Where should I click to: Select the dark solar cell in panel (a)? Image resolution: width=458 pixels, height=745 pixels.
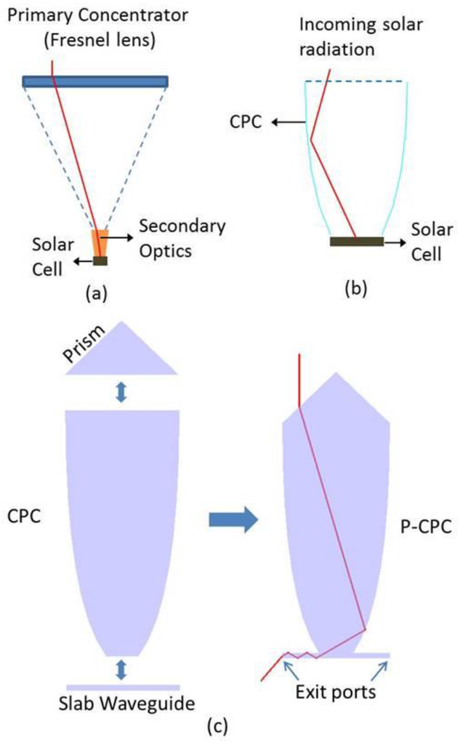[x=100, y=260]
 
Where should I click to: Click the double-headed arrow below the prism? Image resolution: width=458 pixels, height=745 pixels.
[x=121, y=391]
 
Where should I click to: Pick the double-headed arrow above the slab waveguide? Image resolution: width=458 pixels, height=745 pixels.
[x=121, y=669]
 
